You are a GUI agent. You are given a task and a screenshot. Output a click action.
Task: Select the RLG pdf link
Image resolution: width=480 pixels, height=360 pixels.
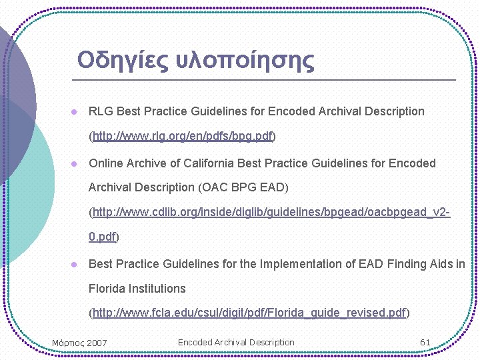tap(183, 137)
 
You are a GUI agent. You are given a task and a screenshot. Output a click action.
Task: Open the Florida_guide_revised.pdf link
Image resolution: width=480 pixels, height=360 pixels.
tap(249, 313)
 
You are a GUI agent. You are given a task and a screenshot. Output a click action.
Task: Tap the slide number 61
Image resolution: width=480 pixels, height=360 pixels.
tap(425, 342)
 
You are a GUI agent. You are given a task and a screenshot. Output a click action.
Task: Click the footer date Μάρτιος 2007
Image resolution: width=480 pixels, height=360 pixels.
tap(79, 343)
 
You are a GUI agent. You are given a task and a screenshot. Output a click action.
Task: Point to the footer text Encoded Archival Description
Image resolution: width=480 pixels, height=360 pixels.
tap(236, 342)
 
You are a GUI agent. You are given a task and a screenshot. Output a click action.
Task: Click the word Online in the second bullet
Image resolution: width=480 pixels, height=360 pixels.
tap(105, 163)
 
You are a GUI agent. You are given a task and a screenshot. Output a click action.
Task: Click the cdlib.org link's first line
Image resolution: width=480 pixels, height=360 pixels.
tap(271, 213)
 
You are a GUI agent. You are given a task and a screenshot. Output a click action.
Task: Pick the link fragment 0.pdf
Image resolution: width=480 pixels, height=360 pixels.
tap(102, 237)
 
